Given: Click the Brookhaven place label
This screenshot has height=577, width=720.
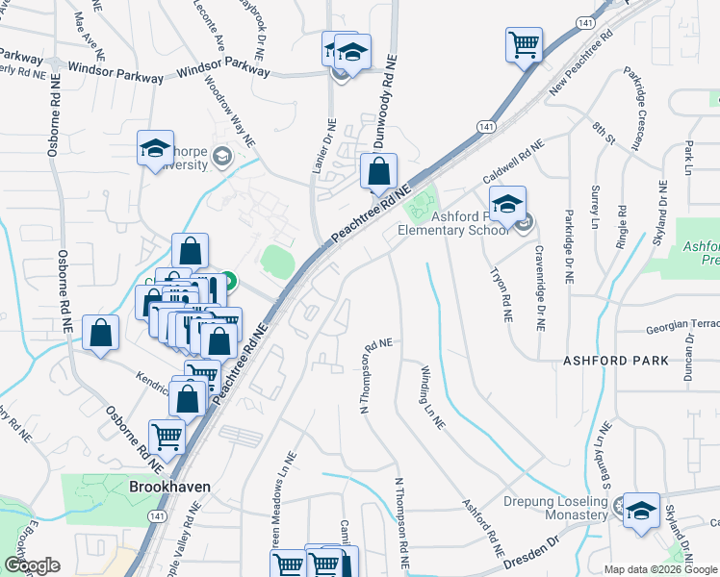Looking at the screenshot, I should pyautogui.click(x=169, y=488).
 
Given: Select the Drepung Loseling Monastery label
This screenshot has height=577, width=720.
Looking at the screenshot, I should pyautogui.click(x=555, y=508).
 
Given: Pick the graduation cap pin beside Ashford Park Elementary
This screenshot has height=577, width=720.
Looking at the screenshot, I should pyautogui.click(x=507, y=205).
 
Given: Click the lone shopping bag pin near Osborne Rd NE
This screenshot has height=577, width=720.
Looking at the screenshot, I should pyautogui.click(x=101, y=334).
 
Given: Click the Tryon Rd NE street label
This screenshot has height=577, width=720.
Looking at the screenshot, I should pyautogui.click(x=502, y=294).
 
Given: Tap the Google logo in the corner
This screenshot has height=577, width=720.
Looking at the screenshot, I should pyautogui.click(x=32, y=564).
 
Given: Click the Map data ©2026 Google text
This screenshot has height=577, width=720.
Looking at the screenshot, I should pyautogui.click(x=659, y=569).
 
